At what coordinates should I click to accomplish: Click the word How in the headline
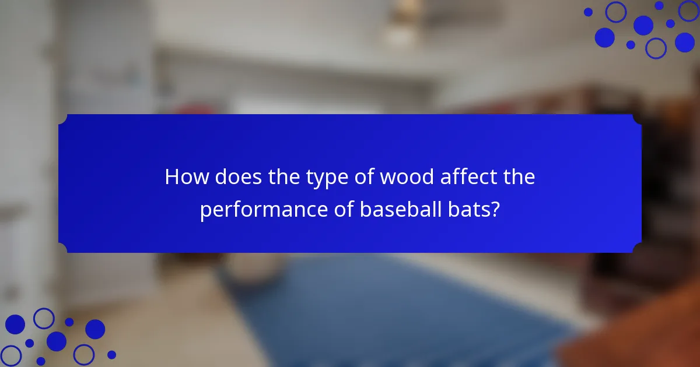[186, 177]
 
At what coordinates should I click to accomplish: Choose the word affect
[467, 177]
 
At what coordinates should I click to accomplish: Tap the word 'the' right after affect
[519, 177]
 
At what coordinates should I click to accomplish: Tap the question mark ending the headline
[495, 209]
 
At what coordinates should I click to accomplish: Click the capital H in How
[172, 177]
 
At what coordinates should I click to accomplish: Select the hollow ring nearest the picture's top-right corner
[689, 10]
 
